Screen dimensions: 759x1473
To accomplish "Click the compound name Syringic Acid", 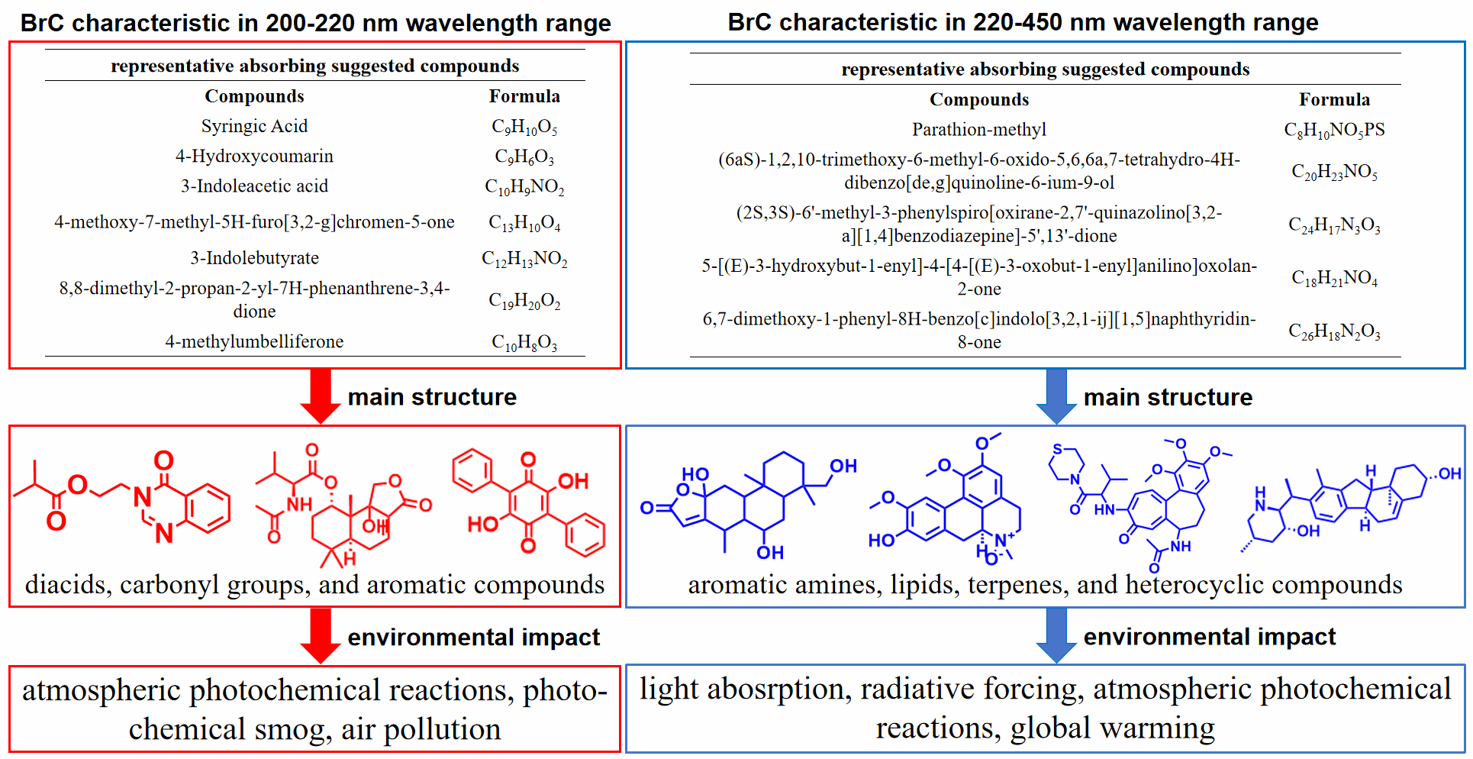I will click(x=254, y=126).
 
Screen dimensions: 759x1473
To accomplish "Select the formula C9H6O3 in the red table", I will click(x=524, y=157).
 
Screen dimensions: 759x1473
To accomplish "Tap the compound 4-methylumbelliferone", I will click(x=254, y=341).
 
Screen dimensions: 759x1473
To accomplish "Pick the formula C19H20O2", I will click(x=524, y=301).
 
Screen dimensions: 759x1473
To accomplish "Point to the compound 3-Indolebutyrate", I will click(x=254, y=258).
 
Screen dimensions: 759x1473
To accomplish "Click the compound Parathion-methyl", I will click(x=979, y=130).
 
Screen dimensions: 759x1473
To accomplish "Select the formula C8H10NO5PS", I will click(x=1334, y=130).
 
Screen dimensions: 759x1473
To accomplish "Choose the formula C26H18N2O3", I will click(x=1334, y=331).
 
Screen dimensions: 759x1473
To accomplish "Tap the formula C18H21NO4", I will click(x=1334, y=278).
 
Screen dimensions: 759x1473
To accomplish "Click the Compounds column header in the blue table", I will click(x=979, y=100).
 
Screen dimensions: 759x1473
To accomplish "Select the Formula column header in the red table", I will click(x=524, y=96).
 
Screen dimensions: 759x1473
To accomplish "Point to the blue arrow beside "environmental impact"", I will click(x=1056, y=635).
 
